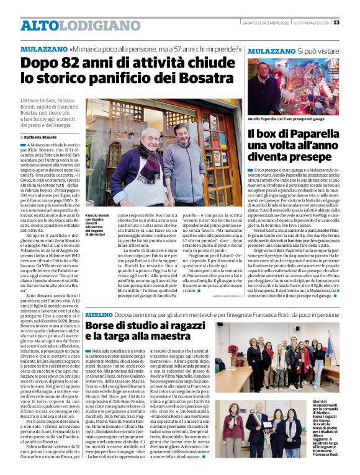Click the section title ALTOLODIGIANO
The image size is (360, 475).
pos(72,25)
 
